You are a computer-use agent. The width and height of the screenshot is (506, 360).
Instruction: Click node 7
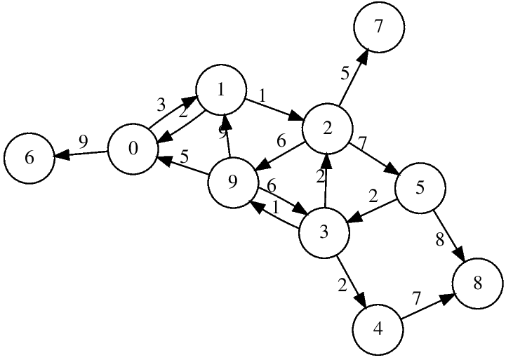379,29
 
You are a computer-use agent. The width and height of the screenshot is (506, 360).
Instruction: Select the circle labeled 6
29,157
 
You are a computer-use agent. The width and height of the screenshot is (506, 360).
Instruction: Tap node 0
133,150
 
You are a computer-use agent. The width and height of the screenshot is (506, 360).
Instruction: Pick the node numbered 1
221,90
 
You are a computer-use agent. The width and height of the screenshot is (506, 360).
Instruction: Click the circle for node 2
327,126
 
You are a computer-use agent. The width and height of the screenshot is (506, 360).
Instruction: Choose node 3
324,232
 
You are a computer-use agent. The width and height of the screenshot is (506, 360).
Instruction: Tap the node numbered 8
478,284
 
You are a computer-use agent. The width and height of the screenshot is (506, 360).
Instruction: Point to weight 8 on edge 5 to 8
439,239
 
